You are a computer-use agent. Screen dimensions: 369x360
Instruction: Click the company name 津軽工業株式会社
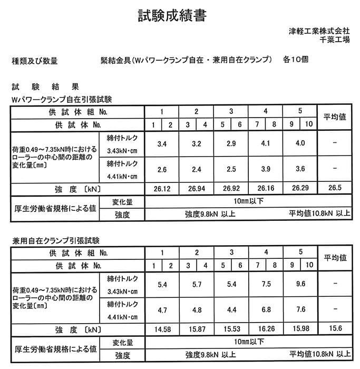point(319,31)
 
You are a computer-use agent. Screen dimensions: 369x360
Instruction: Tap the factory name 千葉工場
point(334,40)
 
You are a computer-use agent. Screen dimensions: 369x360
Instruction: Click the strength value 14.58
point(162,329)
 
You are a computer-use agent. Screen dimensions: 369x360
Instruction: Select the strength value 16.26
point(266,329)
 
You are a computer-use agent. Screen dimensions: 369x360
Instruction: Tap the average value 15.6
point(334,329)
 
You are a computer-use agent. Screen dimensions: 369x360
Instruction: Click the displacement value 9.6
point(300,285)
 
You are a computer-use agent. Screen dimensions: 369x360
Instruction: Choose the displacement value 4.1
point(266,143)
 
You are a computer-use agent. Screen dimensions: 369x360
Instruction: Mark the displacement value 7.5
point(266,285)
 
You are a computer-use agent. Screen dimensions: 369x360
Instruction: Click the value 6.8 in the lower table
point(266,310)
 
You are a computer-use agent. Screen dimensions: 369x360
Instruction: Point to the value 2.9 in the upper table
point(231,143)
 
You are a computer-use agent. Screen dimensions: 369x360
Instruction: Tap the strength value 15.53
point(231,329)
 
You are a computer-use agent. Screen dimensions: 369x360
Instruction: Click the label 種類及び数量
point(35,61)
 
